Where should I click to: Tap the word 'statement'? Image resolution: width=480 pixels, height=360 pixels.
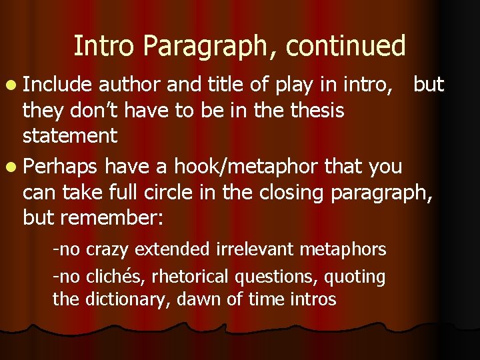pyautogui.click(x=70, y=136)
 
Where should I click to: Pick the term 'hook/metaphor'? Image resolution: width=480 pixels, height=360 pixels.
pyautogui.click(x=248, y=165)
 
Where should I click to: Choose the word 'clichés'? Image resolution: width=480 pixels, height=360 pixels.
pyautogui.click(x=107, y=276)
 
